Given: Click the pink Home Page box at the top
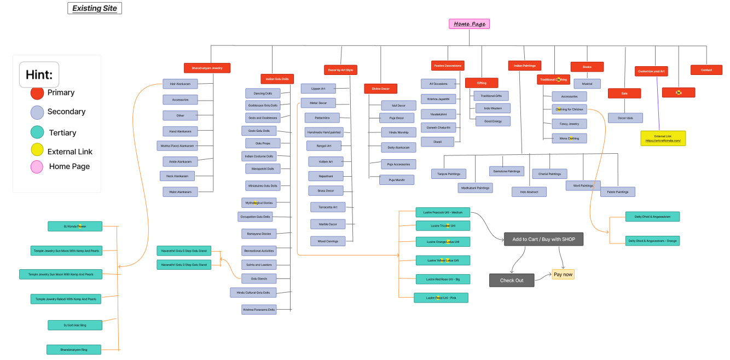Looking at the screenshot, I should click(x=469, y=24).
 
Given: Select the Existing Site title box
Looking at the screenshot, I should click(x=95, y=8).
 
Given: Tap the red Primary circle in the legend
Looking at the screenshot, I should click(x=37, y=93).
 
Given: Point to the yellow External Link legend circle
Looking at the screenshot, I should click(x=37, y=149).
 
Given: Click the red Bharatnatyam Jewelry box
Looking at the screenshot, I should click(x=207, y=68).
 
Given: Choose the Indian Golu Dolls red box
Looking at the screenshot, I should click(x=277, y=79).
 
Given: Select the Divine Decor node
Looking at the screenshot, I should click(x=380, y=89).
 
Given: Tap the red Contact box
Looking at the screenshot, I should click(x=706, y=70).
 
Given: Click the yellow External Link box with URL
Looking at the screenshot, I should click(x=663, y=138).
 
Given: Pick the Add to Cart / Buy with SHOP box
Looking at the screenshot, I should click(x=543, y=239).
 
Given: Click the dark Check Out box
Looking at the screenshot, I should click(x=512, y=280).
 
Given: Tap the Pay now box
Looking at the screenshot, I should click(x=563, y=274).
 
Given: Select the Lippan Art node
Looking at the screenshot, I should click(x=318, y=89).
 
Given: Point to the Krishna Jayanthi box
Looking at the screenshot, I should click(x=438, y=99).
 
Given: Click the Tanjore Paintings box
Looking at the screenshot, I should click(x=448, y=174).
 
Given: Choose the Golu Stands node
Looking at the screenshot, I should click(x=259, y=278).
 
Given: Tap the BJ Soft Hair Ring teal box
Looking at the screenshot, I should click(x=74, y=325).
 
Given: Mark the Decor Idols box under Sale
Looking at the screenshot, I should click(x=625, y=118).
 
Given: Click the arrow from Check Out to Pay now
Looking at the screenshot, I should click(x=543, y=278).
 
